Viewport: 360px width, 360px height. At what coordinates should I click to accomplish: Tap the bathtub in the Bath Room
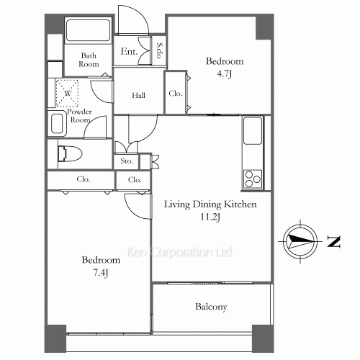88,32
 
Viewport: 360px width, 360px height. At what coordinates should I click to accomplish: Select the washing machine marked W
67,93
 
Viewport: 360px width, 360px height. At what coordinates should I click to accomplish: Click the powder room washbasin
58,123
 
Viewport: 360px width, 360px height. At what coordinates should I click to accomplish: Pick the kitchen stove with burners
253,177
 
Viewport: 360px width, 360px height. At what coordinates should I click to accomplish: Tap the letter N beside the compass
333,241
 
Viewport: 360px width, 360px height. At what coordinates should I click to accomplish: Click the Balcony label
211,307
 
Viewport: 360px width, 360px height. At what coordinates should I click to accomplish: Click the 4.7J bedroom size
224,73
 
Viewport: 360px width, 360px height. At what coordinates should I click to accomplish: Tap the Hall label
140,96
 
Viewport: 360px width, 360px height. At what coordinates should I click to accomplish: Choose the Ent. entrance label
130,51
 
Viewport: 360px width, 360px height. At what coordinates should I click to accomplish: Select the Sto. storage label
127,161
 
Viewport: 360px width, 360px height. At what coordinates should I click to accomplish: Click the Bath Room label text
89,60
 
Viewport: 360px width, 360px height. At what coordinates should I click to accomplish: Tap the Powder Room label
79,116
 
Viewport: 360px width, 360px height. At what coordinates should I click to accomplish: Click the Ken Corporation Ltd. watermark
180,252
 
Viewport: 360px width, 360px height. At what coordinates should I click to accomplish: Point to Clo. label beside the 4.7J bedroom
175,94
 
